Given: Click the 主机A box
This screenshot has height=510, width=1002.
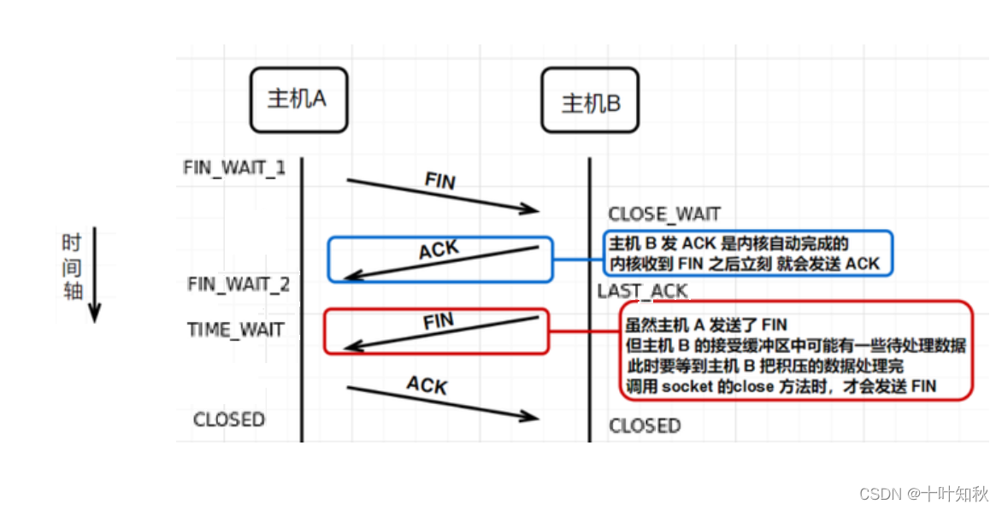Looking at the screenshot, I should click(x=298, y=99).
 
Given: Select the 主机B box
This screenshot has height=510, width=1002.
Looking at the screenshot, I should click(x=590, y=103).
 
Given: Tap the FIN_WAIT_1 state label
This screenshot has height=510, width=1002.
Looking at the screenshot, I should click(x=234, y=167).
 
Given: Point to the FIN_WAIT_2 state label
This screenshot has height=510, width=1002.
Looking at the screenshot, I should click(x=239, y=284).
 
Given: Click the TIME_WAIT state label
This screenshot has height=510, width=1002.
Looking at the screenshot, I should click(x=235, y=330).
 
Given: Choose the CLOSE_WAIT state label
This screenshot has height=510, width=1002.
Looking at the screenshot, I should click(x=664, y=214).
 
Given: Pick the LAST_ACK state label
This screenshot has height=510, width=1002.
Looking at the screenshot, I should click(x=642, y=291).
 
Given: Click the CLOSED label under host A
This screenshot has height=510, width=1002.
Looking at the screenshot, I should click(x=229, y=419).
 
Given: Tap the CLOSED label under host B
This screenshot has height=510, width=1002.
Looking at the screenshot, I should click(x=645, y=425).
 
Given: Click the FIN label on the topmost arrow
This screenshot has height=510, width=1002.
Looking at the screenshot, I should click(x=440, y=181).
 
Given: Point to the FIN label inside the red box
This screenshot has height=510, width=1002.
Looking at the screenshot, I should click(x=439, y=322).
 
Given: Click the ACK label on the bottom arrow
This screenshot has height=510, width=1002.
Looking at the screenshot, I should click(x=427, y=385).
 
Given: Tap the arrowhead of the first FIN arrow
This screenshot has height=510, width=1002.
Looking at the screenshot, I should click(x=532, y=209).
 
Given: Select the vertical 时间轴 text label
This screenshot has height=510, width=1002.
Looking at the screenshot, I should click(x=72, y=267).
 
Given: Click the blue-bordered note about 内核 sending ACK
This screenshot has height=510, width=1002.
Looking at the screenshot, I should click(x=748, y=253).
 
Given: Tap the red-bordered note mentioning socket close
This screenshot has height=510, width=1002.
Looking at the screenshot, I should click(x=795, y=350).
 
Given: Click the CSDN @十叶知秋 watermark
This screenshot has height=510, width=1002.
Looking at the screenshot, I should click(x=923, y=493).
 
